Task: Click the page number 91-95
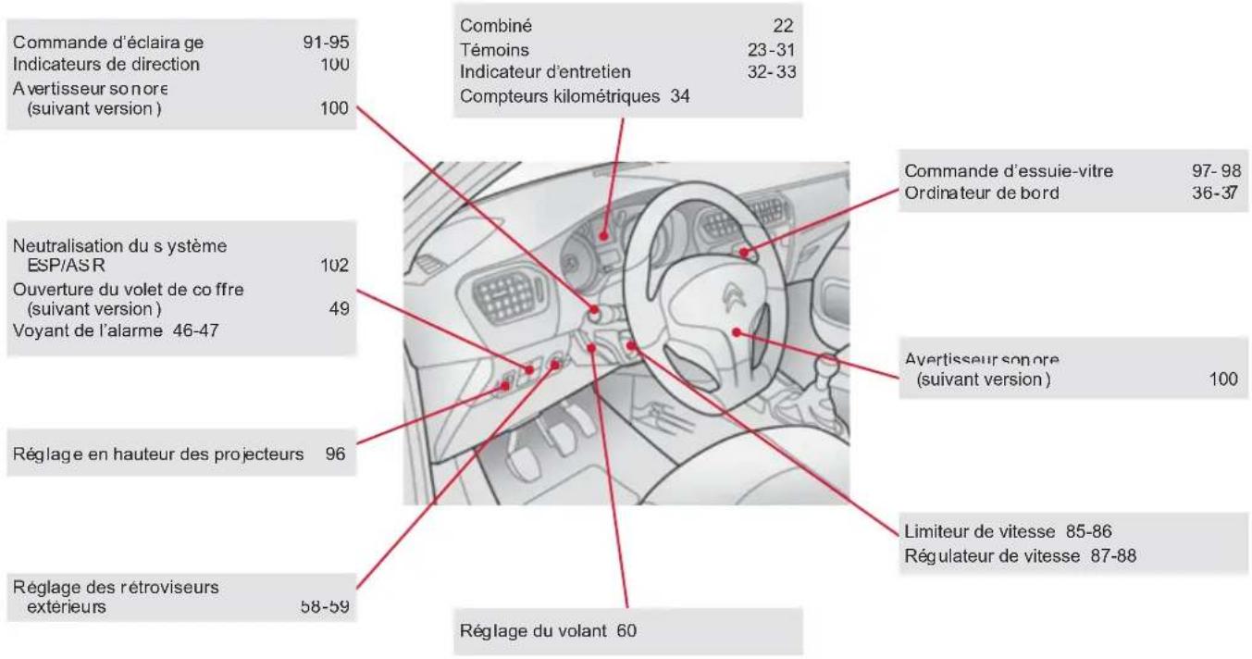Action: [x=326, y=43]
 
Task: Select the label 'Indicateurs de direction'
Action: [x=106, y=64]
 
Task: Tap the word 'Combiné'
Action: [x=496, y=26]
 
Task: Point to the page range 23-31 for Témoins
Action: [x=772, y=50]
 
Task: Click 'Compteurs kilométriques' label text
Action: [x=560, y=96]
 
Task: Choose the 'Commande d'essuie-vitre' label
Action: [x=1009, y=171]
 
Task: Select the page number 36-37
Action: [x=1215, y=193]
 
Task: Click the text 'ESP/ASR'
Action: [x=66, y=265]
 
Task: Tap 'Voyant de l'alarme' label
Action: [x=88, y=331]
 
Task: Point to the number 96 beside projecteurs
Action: [x=335, y=454]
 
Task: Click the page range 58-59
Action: [x=325, y=606]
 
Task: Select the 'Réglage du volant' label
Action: [x=533, y=631]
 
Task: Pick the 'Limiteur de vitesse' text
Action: [x=980, y=531]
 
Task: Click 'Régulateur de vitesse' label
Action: [x=992, y=556]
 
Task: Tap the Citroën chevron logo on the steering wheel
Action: [x=733, y=297]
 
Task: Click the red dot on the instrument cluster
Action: [x=603, y=236]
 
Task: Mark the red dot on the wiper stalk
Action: [x=744, y=253]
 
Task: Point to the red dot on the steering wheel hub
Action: [x=737, y=332]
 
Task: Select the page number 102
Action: [x=335, y=265]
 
